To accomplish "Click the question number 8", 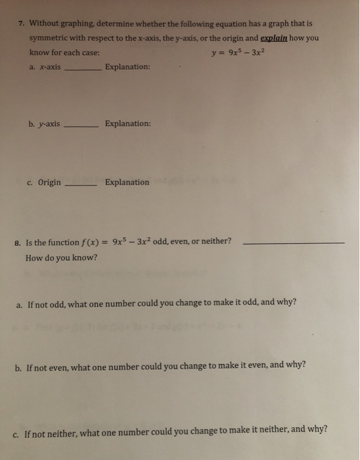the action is [17, 242].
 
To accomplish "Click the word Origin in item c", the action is [49, 182].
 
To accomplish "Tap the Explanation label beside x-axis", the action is [127, 66].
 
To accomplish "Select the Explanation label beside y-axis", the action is [127, 124].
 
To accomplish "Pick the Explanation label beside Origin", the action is [127, 182].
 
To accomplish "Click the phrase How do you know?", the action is [61, 257].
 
